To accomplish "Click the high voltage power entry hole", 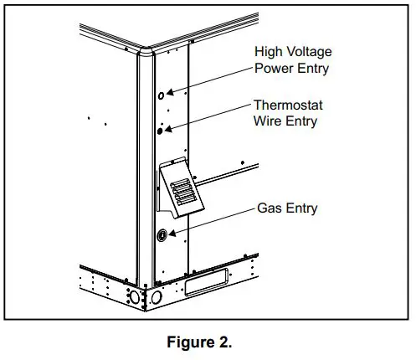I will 161,97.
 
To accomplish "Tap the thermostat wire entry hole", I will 161,130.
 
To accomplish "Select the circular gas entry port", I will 161,236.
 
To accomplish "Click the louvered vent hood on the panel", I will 182,190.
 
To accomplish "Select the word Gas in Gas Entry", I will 268,208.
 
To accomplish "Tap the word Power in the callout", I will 273,69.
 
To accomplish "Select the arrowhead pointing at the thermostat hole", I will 171,127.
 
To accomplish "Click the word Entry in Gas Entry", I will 300,208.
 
